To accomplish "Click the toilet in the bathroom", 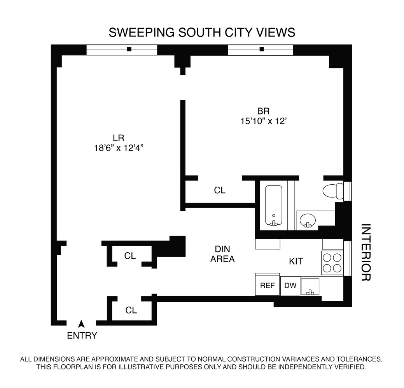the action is tap(333, 191).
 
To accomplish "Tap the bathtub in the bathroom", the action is tap(274, 205).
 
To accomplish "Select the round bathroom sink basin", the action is tap(308, 220).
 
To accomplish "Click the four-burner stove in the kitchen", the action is tap(332, 263).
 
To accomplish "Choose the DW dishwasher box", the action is tap(290, 286).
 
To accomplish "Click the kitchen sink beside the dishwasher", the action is tap(310, 286).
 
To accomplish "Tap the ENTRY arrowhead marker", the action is tap(81, 324).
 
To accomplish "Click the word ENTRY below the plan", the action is tap(82, 336).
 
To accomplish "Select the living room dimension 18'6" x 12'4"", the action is tap(119, 148).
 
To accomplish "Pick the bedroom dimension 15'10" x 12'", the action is tap(264, 121).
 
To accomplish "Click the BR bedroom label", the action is tap(263, 111).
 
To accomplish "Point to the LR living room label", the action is tap(119, 138).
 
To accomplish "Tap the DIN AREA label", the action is tap(222, 254).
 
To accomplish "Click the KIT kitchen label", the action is tap(296, 261).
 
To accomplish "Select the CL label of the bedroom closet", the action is tap(220, 190).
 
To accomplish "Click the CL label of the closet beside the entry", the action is tap(131, 310).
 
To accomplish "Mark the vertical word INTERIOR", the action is tap(366, 253).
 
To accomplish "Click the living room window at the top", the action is tap(122, 50).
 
